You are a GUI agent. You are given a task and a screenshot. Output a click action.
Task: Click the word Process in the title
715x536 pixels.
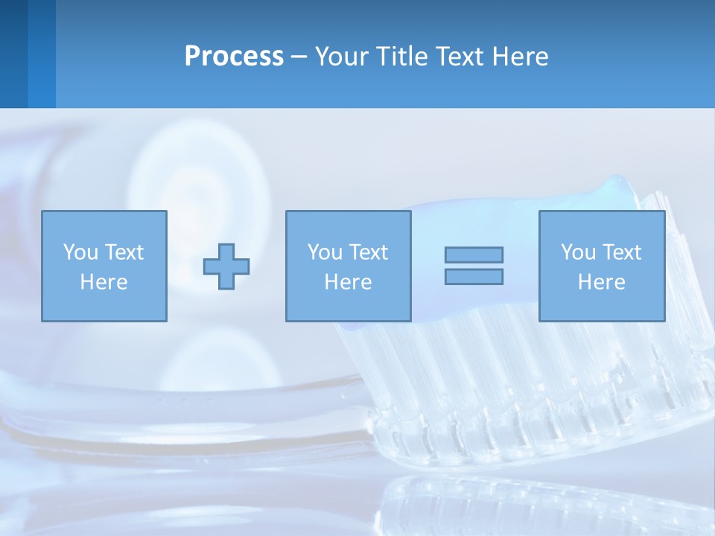pos(234,57)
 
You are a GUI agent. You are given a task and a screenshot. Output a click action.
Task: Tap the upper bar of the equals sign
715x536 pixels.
pos(474,255)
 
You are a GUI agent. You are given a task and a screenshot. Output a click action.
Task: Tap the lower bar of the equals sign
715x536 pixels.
pos(474,277)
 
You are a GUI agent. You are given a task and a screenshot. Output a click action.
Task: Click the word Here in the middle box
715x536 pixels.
pos(348,282)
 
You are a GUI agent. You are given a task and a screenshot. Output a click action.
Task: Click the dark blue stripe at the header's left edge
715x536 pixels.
pos(13,54)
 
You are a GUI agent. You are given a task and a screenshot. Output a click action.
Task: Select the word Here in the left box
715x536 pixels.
pos(104,282)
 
